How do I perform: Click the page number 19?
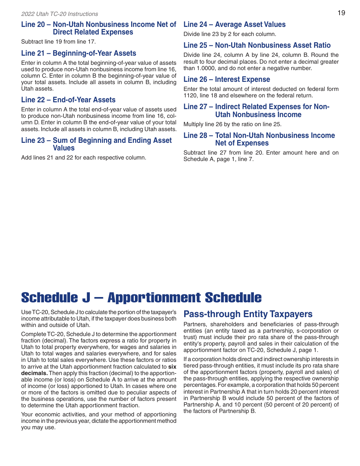click(x=341, y=13)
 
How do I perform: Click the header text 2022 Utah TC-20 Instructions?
click(x=59, y=14)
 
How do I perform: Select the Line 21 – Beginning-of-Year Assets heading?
click(x=78, y=53)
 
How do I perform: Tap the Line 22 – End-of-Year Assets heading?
click(x=68, y=100)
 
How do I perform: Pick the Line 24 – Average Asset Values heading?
click(x=234, y=25)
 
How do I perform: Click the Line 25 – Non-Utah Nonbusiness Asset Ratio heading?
click(x=257, y=45)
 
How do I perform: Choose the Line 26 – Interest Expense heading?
click(x=227, y=80)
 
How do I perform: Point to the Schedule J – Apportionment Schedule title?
click(x=141, y=298)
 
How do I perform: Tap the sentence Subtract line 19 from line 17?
click(x=58, y=42)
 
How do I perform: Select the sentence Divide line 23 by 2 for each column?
click(x=230, y=34)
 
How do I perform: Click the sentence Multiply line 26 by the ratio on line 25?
click(x=232, y=124)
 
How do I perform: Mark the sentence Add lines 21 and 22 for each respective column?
click(x=83, y=158)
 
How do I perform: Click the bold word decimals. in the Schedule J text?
click(x=34, y=373)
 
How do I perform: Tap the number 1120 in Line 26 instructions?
click(x=190, y=95)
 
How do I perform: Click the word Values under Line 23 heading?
click(x=64, y=148)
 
